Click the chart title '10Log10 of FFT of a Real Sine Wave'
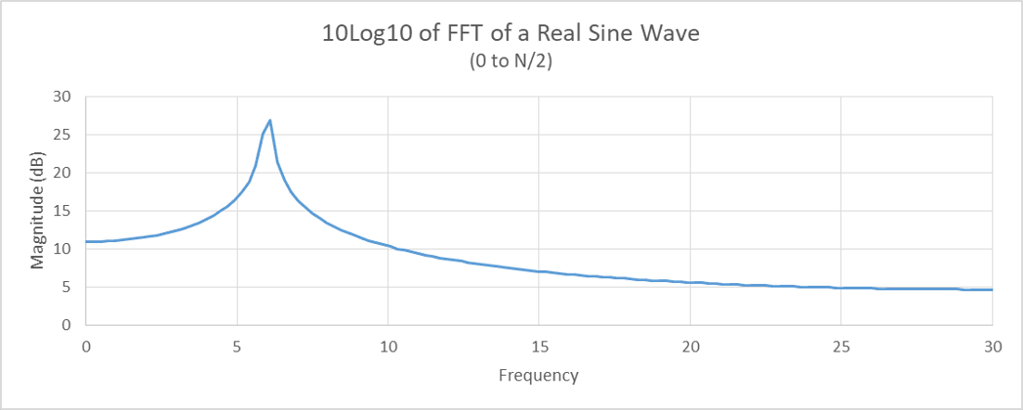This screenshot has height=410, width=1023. pos(511,34)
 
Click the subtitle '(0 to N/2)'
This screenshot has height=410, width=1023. pos(511,61)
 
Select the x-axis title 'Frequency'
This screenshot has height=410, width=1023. pos(538,375)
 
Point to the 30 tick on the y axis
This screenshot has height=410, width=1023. pos(63,97)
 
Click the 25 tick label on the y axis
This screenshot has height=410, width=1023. pos(63,135)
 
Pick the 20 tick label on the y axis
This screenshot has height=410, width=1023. pos(63,173)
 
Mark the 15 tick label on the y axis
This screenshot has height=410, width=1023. pos(63,211)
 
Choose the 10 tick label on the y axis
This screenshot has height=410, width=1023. pos(63,249)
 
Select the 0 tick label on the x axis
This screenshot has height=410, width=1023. pos(86,347)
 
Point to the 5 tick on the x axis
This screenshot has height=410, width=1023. pos(237,347)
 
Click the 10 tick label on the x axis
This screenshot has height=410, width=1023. pos(388,347)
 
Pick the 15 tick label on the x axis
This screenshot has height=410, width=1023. pos(539,347)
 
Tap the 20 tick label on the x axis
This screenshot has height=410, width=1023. pos(690,347)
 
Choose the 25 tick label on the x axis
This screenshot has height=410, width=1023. pos(840,347)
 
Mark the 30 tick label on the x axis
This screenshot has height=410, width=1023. pos(992,347)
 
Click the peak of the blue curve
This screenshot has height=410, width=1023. pos(269,120)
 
